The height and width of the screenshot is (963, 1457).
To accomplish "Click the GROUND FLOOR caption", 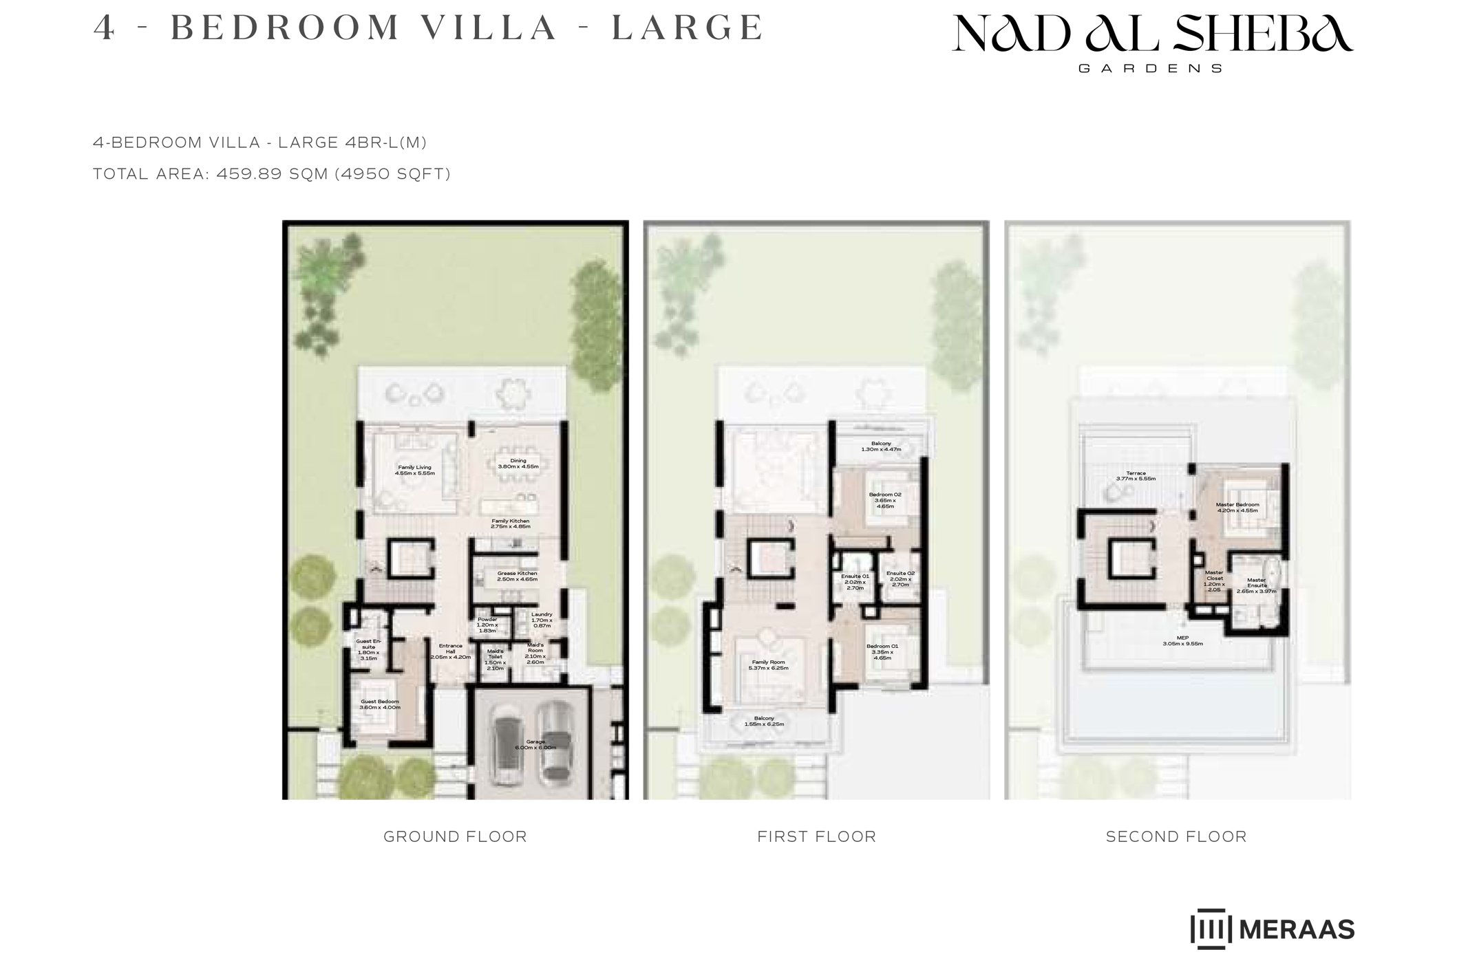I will coord(455,836).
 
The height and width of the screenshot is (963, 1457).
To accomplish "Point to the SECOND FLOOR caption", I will coord(1176,836).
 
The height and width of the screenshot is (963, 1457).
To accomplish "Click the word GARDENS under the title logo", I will coord(1150,69).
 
